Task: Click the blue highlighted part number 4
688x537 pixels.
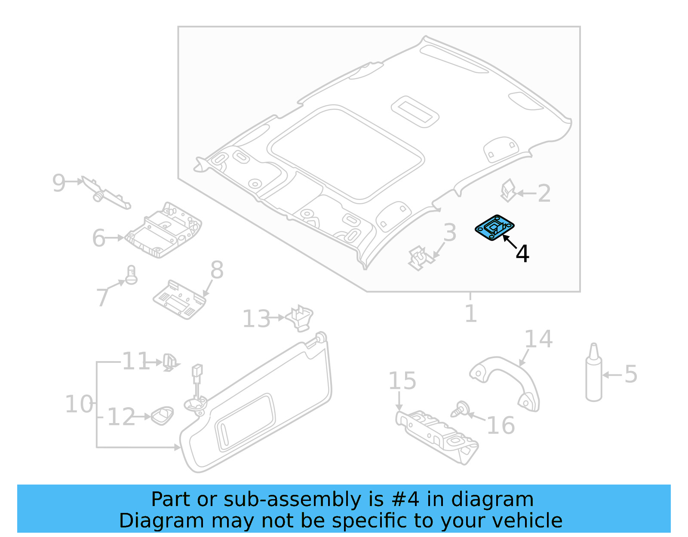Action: pos(494,228)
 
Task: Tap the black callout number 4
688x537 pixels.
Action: pos(522,254)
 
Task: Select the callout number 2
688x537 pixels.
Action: pos(544,193)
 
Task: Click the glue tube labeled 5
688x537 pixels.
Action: pos(594,374)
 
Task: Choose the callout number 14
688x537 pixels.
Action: pos(538,339)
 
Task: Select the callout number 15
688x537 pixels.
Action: pos(402,381)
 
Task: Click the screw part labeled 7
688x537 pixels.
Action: pos(131,275)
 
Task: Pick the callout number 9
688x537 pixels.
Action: pos(58,183)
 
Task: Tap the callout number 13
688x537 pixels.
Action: pos(256,319)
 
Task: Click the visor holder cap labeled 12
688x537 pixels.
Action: pos(163,415)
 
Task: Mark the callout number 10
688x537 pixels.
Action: pos(79,404)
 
